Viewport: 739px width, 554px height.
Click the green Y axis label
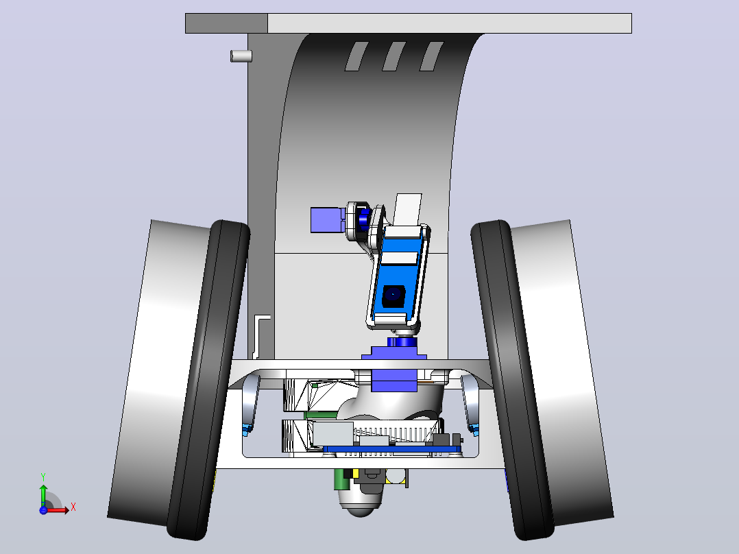click(x=43, y=477)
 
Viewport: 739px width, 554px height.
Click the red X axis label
click(x=73, y=507)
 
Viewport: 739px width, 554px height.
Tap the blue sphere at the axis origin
click(x=43, y=509)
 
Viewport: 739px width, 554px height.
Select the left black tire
click(x=208, y=380)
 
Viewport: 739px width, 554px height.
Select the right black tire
click(x=513, y=380)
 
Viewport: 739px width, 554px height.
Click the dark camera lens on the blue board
click(x=393, y=296)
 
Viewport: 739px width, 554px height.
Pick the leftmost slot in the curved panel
click(x=356, y=57)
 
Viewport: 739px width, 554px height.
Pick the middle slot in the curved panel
click(x=393, y=57)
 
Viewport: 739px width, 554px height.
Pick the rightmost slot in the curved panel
click(x=431, y=57)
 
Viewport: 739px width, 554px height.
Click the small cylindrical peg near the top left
click(x=241, y=56)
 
